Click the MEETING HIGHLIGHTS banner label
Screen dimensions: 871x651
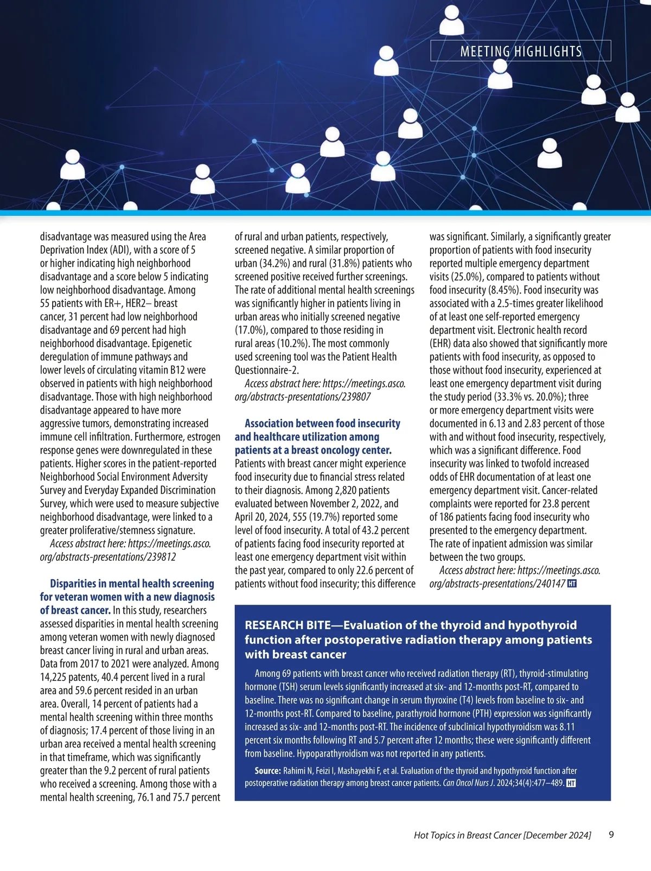point(520,52)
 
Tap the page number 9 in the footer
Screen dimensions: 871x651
point(611,835)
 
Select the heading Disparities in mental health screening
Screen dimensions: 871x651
point(132,584)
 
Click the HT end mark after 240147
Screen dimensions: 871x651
point(571,584)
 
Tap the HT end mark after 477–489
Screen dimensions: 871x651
point(570,783)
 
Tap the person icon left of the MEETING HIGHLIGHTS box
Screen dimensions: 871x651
point(386,60)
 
